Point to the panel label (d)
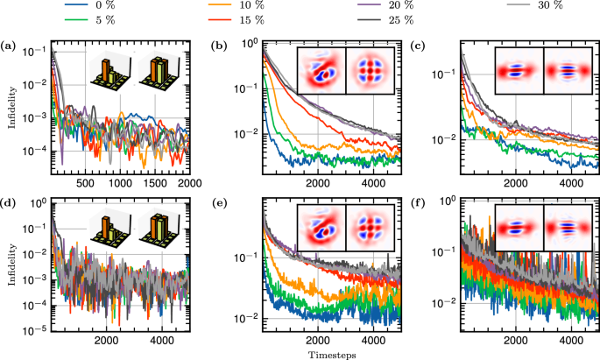(x=9, y=205)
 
